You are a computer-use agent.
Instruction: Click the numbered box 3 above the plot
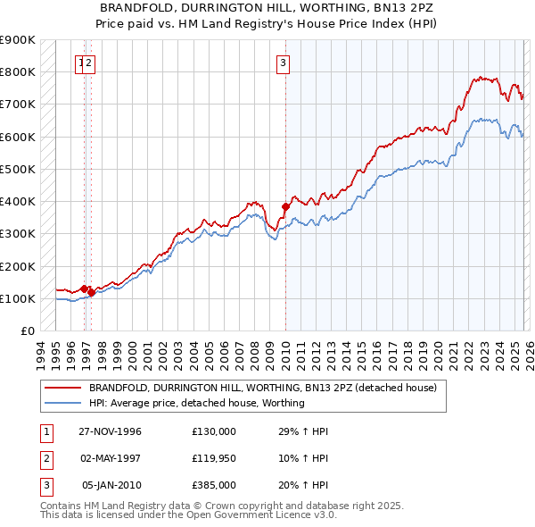283,63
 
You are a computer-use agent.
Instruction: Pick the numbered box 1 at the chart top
81,63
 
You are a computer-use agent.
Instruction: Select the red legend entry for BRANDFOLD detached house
262,388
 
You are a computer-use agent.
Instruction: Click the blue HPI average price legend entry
197,403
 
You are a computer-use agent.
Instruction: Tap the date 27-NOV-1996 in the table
110,431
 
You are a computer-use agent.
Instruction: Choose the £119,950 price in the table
214,458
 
